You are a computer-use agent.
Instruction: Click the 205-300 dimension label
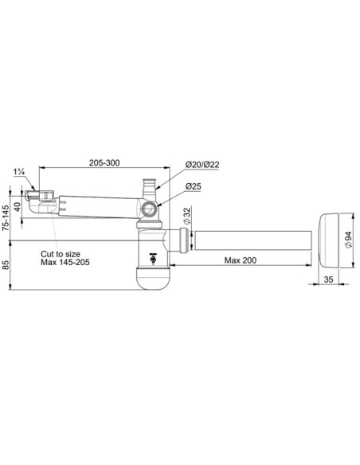104,162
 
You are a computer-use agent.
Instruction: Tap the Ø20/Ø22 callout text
202,164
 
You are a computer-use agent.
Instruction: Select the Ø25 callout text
193,186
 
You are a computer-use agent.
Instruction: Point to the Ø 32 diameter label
186,216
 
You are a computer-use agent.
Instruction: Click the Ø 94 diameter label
348,240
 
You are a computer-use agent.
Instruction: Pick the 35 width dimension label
329,279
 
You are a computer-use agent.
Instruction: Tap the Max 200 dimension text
241,260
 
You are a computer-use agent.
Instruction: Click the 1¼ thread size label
19,172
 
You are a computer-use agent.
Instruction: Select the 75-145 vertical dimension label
5,218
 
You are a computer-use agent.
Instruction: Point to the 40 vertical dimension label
18,207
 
